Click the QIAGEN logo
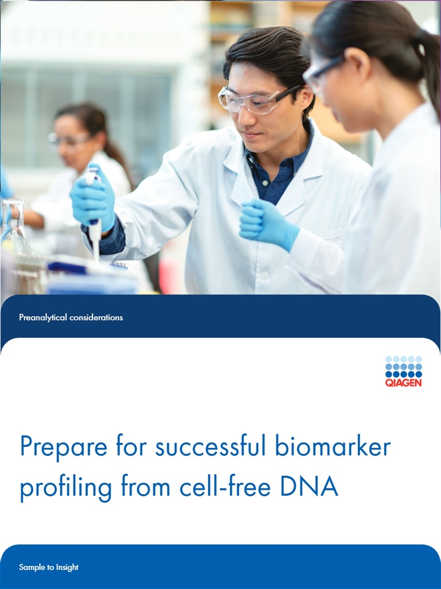403,371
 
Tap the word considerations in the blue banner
96,318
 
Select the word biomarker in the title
332,447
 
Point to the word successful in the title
211,447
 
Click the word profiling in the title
65,488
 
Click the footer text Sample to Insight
49,567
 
